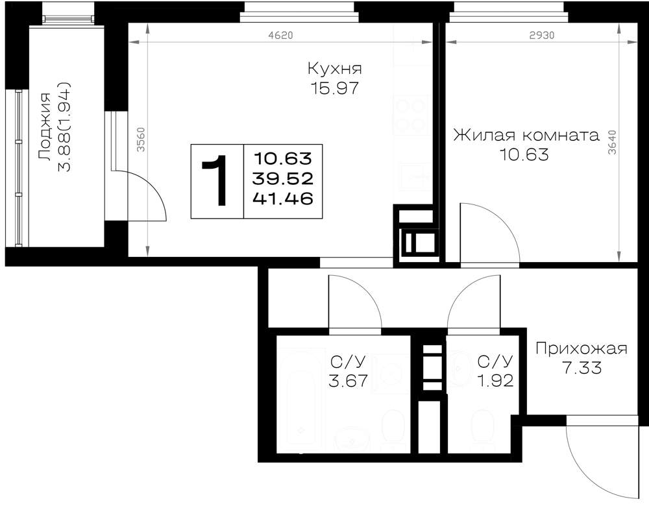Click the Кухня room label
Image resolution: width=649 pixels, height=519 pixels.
coord(334,69)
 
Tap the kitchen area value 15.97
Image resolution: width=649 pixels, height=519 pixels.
coord(334,88)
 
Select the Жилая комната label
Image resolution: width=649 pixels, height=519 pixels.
coord(526,135)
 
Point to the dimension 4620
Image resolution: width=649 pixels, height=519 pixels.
coord(280,36)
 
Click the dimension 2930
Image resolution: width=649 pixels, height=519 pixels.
coord(542,36)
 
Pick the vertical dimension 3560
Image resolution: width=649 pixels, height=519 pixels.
coord(141,139)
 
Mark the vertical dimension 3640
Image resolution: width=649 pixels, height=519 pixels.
coord(612,142)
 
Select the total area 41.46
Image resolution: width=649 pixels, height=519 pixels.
coord(284,199)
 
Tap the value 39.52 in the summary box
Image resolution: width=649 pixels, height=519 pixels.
coord(284,179)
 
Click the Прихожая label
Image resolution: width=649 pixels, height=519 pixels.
coord(582,349)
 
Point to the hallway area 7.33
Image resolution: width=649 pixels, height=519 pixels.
coord(582,368)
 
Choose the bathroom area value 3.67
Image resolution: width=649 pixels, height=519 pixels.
coord(348,380)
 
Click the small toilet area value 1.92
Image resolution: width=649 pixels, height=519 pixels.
coord(495,380)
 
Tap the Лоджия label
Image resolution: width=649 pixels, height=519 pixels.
coord(44,127)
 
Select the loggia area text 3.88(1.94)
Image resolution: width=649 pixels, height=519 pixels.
coord(64,127)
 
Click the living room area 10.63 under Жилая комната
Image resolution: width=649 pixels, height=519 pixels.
coord(524,155)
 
